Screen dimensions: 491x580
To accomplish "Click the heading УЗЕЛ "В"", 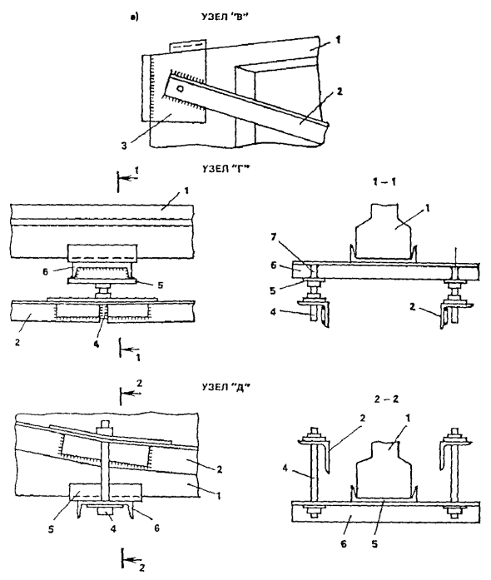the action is (x=225, y=17).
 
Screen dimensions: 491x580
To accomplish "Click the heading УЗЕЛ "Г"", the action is (x=226, y=170).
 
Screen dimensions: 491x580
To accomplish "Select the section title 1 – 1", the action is (x=384, y=182).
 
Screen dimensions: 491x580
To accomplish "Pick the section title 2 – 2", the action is (x=386, y=399).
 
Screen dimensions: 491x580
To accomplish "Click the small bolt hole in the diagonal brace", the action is (x=181, y=88).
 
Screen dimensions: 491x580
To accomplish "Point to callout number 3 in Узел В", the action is (x=124, y=146).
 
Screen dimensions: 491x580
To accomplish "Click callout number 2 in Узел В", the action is (x=340, y=91).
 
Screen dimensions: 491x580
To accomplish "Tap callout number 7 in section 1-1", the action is (x=273, y=236).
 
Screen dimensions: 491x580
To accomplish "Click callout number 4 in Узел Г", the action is (x=97, y=344).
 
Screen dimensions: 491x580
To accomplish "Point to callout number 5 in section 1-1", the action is (x=273, y=290).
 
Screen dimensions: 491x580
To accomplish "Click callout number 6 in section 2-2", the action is (x=344, y=544).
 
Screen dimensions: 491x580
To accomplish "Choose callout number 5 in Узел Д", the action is (x=51, y=529).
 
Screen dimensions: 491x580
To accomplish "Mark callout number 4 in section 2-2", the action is (x=285, y=468).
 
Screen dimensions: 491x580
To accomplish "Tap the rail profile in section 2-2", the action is (x=384, y=470).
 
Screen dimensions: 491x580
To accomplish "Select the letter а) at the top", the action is (x=135, y=17).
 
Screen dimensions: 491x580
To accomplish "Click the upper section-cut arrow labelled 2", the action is (x=131, y=393).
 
